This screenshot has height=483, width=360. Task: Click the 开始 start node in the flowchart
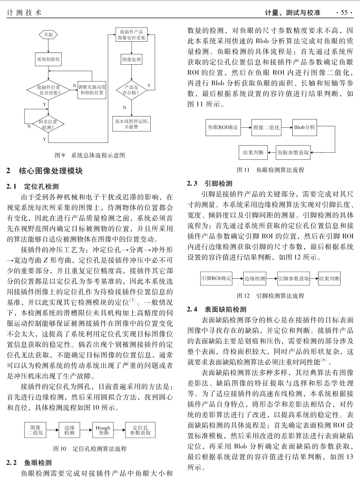48,35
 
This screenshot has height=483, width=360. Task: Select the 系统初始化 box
48,60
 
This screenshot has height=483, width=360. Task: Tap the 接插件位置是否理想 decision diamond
48,90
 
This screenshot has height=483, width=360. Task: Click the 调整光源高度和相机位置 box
92,90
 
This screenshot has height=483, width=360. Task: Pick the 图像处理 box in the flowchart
132,60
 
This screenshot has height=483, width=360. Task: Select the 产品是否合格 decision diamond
131,90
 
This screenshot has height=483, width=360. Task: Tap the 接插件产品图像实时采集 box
131,35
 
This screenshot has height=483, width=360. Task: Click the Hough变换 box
103,430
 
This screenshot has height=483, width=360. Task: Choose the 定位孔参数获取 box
140,430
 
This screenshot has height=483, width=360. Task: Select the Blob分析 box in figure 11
304,127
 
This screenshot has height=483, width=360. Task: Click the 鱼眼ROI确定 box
223,127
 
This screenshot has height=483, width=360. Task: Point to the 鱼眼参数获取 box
293,153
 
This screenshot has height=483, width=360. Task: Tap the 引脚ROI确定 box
216,278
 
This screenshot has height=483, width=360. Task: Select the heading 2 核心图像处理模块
45,171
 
